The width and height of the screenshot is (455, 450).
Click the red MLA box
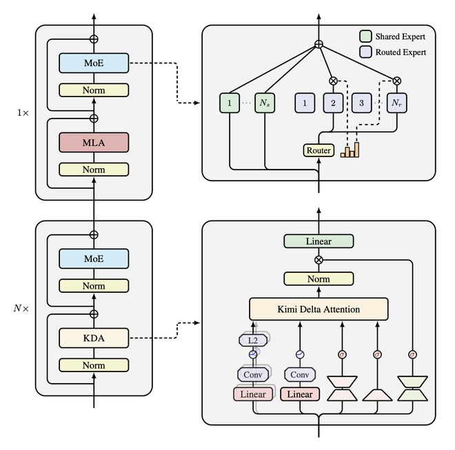coord(94,143)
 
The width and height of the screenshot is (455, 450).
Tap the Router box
coord(318,150)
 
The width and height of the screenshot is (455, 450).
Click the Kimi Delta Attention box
coord(318,309)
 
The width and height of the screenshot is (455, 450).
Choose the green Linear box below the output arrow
coord(318,241)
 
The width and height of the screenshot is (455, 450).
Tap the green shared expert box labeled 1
coord(229,103)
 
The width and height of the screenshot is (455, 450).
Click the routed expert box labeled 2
coord(333,103)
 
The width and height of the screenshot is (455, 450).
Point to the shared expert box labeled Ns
coord(264,103)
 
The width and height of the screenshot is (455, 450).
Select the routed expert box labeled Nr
coord(396,103)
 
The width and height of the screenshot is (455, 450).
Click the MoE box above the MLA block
coord(94,63)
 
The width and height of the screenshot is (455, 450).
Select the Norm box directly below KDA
coord(94,365)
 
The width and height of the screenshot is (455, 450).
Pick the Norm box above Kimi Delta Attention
coord(318,278)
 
